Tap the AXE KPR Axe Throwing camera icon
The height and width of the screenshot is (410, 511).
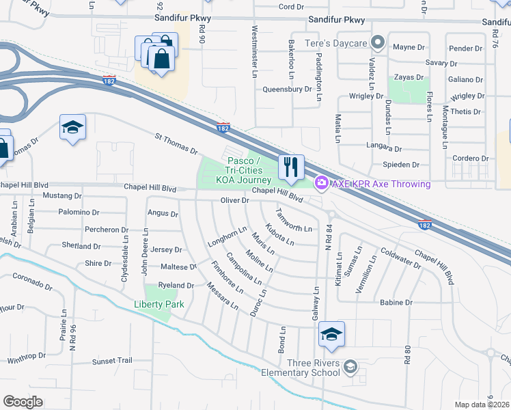coord(321,183)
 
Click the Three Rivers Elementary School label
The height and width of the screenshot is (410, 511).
coord(305,368)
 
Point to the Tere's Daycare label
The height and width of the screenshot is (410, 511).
coord(337,43)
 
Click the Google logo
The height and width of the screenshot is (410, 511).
coord(23,402)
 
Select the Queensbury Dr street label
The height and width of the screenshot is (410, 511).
coord(287,89)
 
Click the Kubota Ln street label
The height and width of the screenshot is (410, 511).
coord(279,234)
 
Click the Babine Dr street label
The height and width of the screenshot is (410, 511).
coord(396,302)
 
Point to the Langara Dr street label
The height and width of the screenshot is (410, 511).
coord(383,148)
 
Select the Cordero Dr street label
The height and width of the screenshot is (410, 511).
coord(471,159)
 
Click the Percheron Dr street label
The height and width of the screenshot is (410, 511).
coord(106,230)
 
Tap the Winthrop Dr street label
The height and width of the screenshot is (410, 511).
coord(26,356)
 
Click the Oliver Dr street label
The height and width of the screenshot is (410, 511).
coord(234,200)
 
